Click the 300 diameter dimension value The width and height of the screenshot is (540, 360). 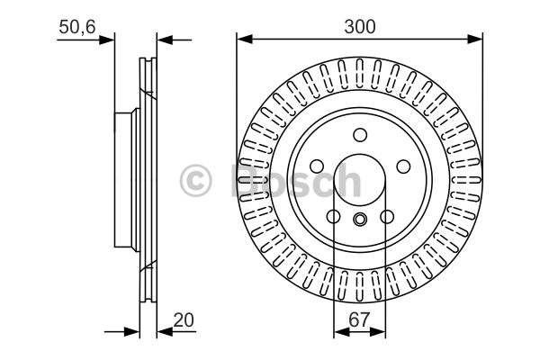359,27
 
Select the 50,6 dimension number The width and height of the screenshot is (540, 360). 76,27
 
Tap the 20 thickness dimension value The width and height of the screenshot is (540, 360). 184,320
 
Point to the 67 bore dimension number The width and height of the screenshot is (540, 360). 359,320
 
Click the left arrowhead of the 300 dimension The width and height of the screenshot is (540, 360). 245,39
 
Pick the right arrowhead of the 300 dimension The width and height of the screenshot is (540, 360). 475,39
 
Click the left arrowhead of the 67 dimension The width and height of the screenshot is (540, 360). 342,332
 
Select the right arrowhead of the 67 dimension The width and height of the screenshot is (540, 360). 378,332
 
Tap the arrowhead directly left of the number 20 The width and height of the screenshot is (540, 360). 165,332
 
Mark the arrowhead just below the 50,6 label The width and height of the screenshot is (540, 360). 106,40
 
